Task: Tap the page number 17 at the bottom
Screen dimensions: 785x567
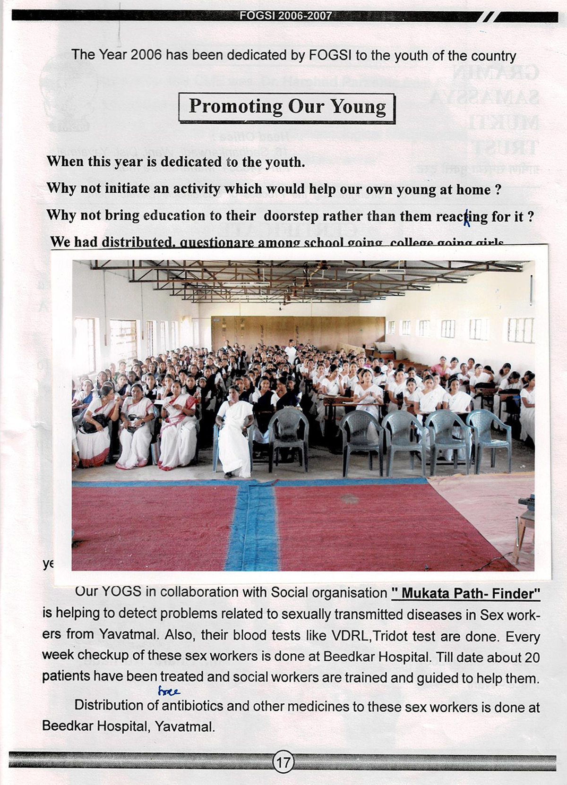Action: [x=283, y=762]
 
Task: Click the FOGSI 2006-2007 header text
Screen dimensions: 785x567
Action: [x=285, y=16]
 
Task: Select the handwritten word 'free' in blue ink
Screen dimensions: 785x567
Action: [x=169, y=692]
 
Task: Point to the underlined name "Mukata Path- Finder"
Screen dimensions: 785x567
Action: [x=466, y=593]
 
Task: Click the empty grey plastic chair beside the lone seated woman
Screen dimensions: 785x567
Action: [x=288, y=435]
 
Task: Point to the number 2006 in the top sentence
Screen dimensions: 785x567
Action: [x=146, y=55]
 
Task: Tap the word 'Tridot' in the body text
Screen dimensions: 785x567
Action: [x=390, y=636]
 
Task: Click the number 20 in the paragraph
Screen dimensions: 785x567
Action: [x=532, y=657]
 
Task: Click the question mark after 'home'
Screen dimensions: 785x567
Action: [x=498, y=190]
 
